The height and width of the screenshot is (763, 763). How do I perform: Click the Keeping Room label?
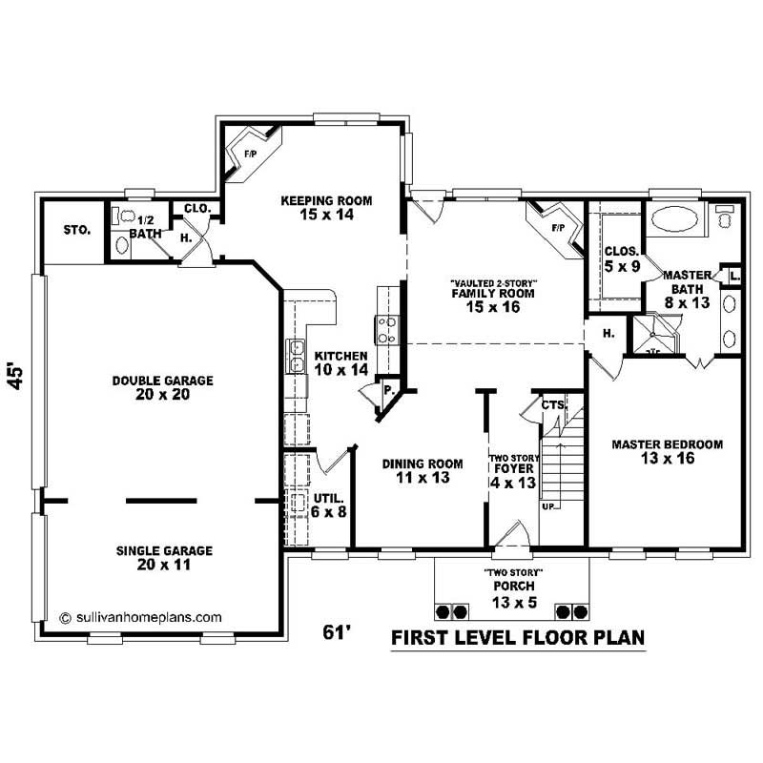(x=325, y=208)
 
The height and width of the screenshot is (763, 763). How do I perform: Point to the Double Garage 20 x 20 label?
(x=162, y=387)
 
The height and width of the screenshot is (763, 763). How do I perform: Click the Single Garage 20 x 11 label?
(x=164, y=558)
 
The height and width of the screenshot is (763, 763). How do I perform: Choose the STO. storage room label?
(x=76, y=230)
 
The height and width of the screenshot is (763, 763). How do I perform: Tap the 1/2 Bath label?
(x=146, y=226)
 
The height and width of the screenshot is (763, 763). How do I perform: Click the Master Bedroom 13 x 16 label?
(x=667, y=451)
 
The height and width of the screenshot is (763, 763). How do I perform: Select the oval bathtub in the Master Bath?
(x=673, y=222)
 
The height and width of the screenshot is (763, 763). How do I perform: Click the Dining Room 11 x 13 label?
(x=423, y=470)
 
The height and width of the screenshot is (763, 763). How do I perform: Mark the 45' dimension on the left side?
(x=16, y=376)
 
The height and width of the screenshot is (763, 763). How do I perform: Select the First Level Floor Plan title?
(x=518, y=637)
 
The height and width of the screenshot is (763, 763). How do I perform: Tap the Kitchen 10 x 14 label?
(x=340, y=361)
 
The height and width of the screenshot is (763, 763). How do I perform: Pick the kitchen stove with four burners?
(x=388, y=329)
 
